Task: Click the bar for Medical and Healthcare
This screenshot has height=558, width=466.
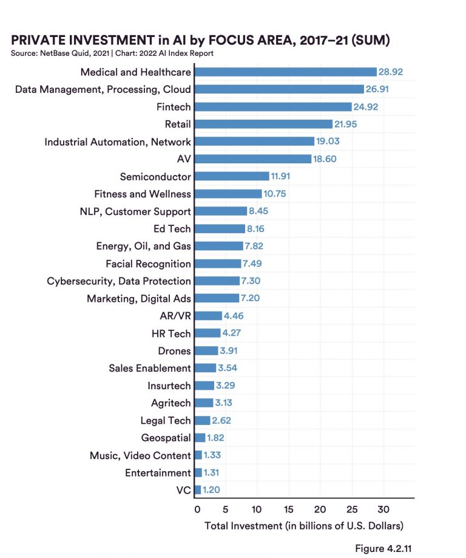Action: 285,72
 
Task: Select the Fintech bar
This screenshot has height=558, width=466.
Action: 273,107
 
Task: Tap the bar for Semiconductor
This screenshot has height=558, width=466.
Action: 232,177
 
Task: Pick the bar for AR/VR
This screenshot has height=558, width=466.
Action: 208,316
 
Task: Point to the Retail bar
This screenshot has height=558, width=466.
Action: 263,124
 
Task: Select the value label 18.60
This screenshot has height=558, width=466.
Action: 325,159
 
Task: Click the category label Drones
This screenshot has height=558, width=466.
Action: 174,351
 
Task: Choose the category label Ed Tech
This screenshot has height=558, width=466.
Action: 172,229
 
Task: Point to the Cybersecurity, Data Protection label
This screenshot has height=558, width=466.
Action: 119,281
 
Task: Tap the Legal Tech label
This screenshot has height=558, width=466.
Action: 165,420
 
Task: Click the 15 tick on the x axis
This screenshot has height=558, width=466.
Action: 288,509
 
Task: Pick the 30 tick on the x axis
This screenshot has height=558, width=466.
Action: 382,509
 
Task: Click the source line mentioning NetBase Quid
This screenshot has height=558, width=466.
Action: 112,53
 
